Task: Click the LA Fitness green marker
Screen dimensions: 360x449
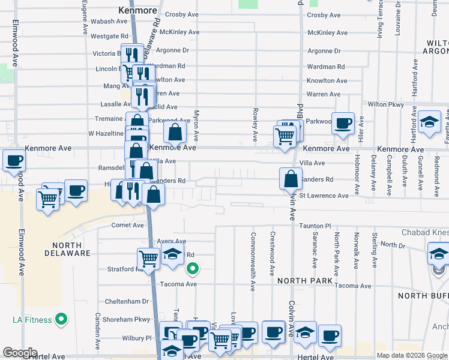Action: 61,320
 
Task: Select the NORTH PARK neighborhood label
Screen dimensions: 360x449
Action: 305,281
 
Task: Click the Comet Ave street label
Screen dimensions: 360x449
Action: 128,226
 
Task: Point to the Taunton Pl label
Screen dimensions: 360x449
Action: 316,226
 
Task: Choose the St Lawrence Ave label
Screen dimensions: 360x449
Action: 324,196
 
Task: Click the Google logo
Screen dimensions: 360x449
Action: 20,353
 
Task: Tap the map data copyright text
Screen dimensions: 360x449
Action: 411,355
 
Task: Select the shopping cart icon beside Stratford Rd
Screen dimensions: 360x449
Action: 148,259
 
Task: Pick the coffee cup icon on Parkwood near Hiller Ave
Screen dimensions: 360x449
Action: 343,123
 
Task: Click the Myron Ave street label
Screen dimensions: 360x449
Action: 196,125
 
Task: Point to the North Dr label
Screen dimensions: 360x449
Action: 393,245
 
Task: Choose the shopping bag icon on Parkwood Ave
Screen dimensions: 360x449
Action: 175,131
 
